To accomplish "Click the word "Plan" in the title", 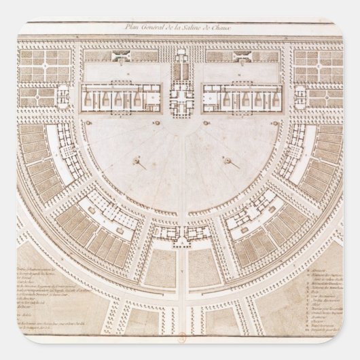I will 132,26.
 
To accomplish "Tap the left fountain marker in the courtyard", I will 139,162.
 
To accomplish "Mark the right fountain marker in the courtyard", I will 229,162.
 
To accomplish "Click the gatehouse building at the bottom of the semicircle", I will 181,234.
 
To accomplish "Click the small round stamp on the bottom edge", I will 181,335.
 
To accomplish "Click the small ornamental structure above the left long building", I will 122,56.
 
